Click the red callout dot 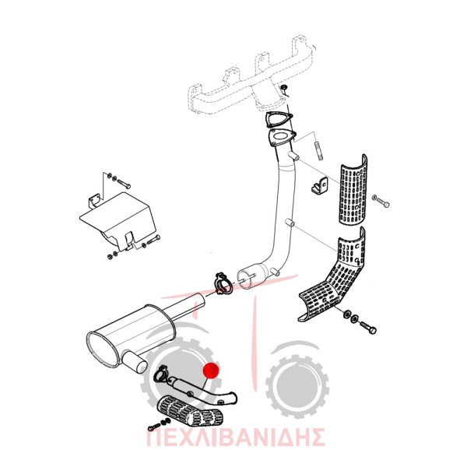tap(211, 370)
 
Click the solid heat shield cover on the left tap(118, 220)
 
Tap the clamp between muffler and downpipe tap(223, 283)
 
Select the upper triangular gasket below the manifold tap(278, 120)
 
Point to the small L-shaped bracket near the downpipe tap(320, 184)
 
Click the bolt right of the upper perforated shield tap(381, 201)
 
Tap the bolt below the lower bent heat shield tap(368, 327)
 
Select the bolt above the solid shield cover tap(123, 183)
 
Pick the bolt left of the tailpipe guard tap(154, 427)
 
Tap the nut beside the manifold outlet tap(284, 87)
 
